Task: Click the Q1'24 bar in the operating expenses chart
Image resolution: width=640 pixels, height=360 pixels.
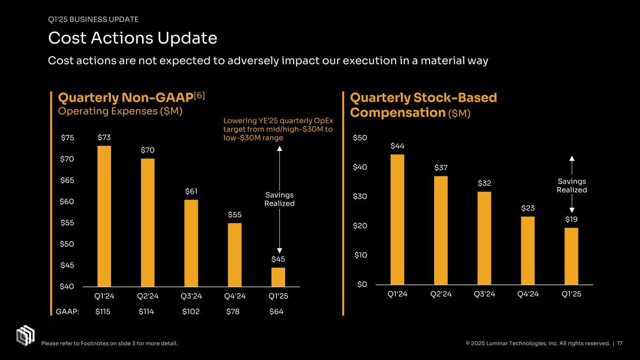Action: click(104, 216)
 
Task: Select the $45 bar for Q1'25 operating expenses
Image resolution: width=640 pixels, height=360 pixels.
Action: click(278, 277)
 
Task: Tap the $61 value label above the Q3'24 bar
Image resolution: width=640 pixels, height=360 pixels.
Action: click(191, 191)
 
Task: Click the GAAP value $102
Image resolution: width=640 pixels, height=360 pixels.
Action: click(191, 312)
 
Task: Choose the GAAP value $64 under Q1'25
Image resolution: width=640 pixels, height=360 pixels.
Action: click(276, 312)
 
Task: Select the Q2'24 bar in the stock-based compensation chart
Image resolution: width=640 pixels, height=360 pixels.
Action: click(441, 230)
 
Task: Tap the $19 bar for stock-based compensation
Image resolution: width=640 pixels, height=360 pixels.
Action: click(571, 256)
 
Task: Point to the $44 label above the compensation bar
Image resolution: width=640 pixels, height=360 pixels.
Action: click(397, 146)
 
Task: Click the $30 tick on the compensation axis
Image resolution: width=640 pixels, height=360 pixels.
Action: click(361, 196)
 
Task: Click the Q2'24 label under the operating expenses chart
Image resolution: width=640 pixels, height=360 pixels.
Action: click(147, 296)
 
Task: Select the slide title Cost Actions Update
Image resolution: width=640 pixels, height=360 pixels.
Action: click(133, 38)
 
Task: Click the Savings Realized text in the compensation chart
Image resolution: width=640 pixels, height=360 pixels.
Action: click(572, 186)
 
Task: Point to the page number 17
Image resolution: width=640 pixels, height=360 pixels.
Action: click(620, 344)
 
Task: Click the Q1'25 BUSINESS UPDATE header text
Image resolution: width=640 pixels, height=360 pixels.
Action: click(93, 19)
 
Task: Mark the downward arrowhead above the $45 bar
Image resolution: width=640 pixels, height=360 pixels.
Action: click(279, 250)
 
